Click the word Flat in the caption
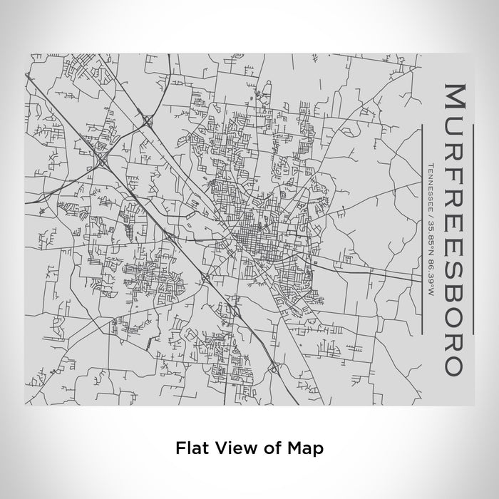(x=190, y=448)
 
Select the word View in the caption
(x=230, y=448)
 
